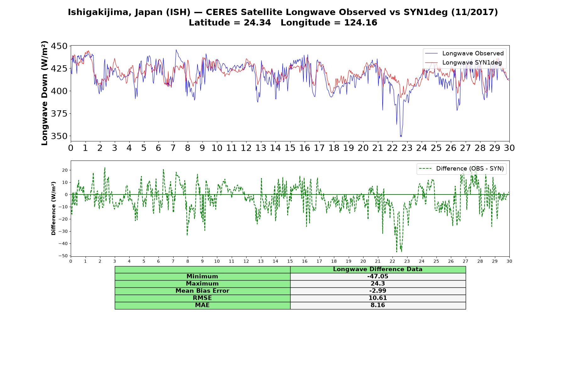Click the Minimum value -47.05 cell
click(378, 276)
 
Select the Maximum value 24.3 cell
click(378, 284)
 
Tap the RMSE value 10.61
click(378, 298)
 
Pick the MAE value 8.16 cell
click(378, 305)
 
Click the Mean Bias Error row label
click(202, 291)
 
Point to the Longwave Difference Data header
click(378, 270)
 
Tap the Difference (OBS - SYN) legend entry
click(461, 169)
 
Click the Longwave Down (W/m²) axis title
click(45, 93)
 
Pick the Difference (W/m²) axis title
click(53, 208)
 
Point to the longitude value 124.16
click(361, 23)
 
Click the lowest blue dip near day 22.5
click(401, 136)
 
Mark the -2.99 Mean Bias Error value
click(378, 291)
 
